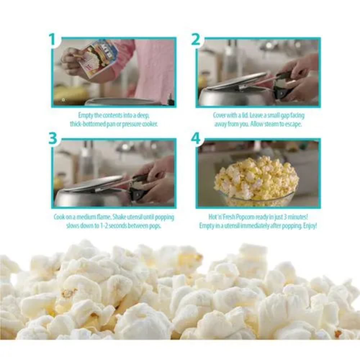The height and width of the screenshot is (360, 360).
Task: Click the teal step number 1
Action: pyautogui.click(x=53, y=39)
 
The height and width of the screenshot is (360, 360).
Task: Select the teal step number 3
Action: pyautogui.click(x=53, y=139)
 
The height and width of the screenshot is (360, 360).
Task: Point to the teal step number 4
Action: pyautogui.click(x=196, y=139)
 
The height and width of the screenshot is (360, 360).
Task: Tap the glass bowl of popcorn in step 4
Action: pyautogui.click(x=256, y=181)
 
